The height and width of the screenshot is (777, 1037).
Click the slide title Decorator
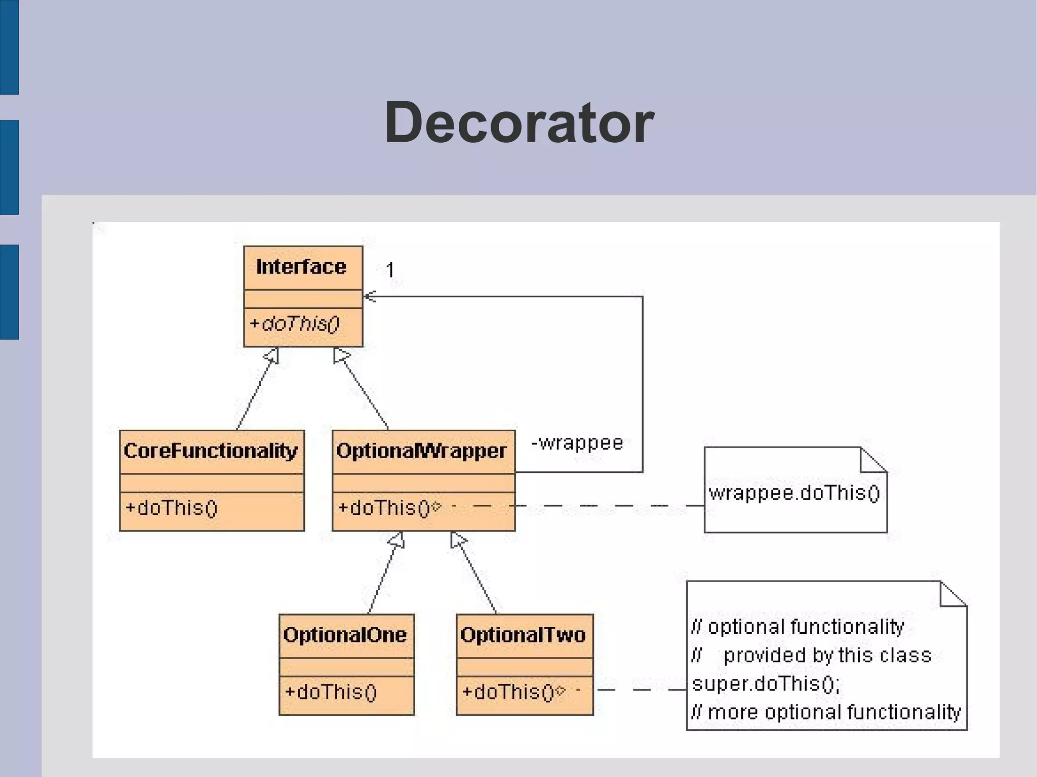(519, 122)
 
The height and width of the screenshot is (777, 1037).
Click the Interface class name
(301, 267)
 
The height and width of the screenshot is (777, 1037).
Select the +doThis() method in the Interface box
(295, 323)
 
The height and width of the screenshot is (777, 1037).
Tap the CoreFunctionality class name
(211, 451)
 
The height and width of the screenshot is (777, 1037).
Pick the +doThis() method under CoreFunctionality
(171, 507)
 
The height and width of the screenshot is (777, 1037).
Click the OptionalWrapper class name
(421, 451)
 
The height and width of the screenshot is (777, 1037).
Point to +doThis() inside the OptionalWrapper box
(383, 507)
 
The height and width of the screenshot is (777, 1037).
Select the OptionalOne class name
(345, 635)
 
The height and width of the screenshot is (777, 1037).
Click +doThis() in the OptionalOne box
(331, 691)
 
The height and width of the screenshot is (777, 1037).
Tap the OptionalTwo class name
(523, 635)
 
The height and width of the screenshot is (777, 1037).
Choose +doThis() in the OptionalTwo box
(508, 691)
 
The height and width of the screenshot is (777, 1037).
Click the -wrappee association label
(577, 443)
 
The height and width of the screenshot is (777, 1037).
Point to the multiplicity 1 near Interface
(390, 269)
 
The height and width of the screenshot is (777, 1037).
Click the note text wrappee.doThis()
(794, 493)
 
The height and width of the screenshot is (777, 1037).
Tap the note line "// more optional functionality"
(826, 712)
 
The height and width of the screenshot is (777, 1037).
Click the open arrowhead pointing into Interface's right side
(370, 296)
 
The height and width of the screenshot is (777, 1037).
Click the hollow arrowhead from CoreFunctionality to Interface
(272, 355)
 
